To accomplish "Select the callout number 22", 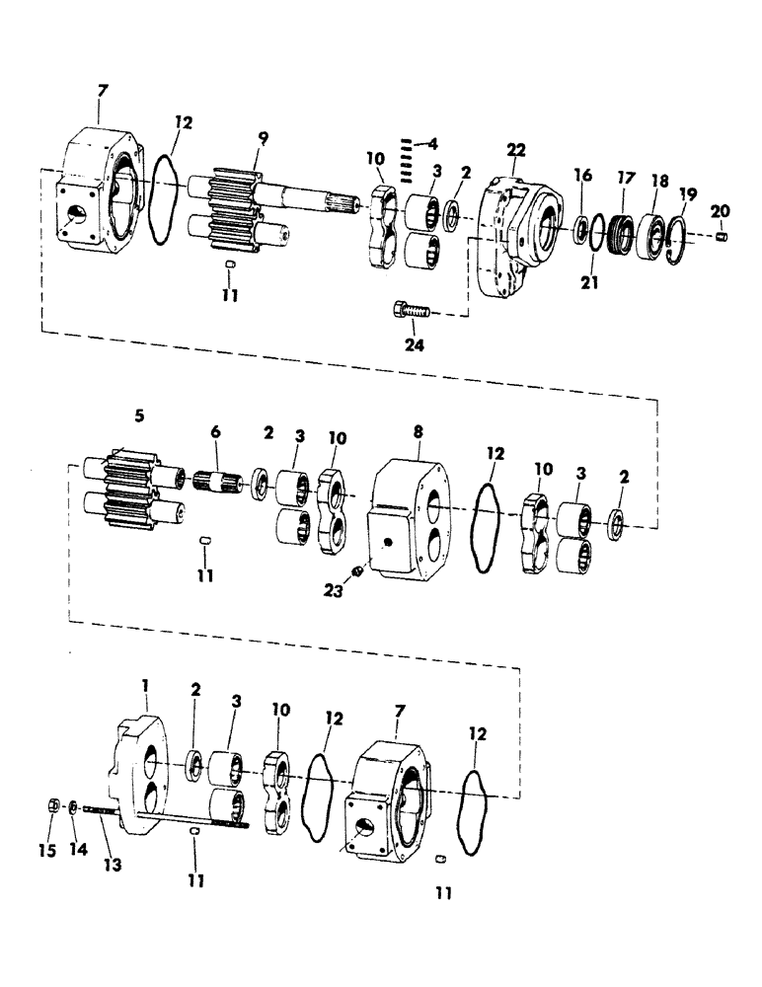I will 516,149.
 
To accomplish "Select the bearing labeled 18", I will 652,235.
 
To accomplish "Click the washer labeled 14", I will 75,808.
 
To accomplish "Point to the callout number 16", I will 583,175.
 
